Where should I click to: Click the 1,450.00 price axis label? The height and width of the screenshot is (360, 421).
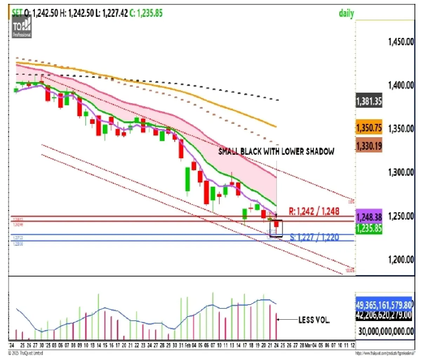tap(401, 42)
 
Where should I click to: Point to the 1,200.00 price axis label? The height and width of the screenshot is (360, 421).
tap(401, 259)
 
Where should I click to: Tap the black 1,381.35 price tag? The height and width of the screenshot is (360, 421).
tap(369, 101)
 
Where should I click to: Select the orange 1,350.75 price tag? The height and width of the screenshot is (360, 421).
tap(369, 128)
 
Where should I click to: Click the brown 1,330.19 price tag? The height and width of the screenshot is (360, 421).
tap(369, 146)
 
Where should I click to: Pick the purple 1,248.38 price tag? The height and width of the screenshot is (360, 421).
tap(369, 217)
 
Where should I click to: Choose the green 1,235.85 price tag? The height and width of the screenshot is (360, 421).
tap(369, 228)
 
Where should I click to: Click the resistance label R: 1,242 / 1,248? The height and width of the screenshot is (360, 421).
tap(314, 211)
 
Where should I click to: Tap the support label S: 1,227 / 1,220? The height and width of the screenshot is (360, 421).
tap(314, 238)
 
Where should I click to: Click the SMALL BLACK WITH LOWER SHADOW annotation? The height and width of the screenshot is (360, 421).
tap(276, 152)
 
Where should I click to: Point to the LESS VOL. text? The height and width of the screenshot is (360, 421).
tap(314, 320)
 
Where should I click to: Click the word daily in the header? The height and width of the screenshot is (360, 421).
tap(346, 14)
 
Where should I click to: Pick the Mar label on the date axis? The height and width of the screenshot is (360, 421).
tap(309, 346)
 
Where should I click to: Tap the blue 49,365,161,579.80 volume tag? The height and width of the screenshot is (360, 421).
tap(384, 305)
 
